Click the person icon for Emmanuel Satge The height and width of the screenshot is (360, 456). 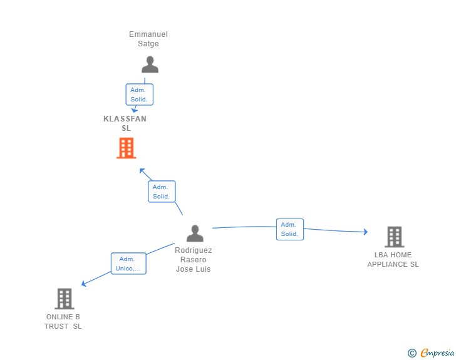click(150, 64)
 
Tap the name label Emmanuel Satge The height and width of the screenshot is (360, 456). click(148, 39)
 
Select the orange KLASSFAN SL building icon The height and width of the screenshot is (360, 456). click(126, 148)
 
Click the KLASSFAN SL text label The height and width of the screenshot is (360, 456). click(125, 123)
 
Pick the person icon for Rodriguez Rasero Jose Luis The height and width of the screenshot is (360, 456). click(195, 234)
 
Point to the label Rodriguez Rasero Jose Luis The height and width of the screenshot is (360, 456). click(194, 259)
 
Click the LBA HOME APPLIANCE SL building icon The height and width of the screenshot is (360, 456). click(394, 237)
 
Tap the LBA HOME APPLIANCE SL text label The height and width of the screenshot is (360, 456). click(393, 260)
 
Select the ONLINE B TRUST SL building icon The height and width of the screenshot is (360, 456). click(65, 299)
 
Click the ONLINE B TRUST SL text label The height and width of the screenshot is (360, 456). click(63, 322)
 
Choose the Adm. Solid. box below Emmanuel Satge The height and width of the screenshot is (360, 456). click(139, 95)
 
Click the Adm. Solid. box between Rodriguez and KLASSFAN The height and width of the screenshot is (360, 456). click(162, 192)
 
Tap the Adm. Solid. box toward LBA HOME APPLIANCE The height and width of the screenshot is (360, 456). click(289, 229)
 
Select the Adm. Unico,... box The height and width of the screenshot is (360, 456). click(128, 264)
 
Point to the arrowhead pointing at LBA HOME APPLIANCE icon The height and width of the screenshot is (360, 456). click(365, 232)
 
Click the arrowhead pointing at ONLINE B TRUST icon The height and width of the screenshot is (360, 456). click(84, 284)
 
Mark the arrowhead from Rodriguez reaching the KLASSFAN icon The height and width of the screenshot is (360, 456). click(142, 170)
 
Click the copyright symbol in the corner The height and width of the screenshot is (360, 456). click(412, 353)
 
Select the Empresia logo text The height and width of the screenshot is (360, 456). click(437, 353)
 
